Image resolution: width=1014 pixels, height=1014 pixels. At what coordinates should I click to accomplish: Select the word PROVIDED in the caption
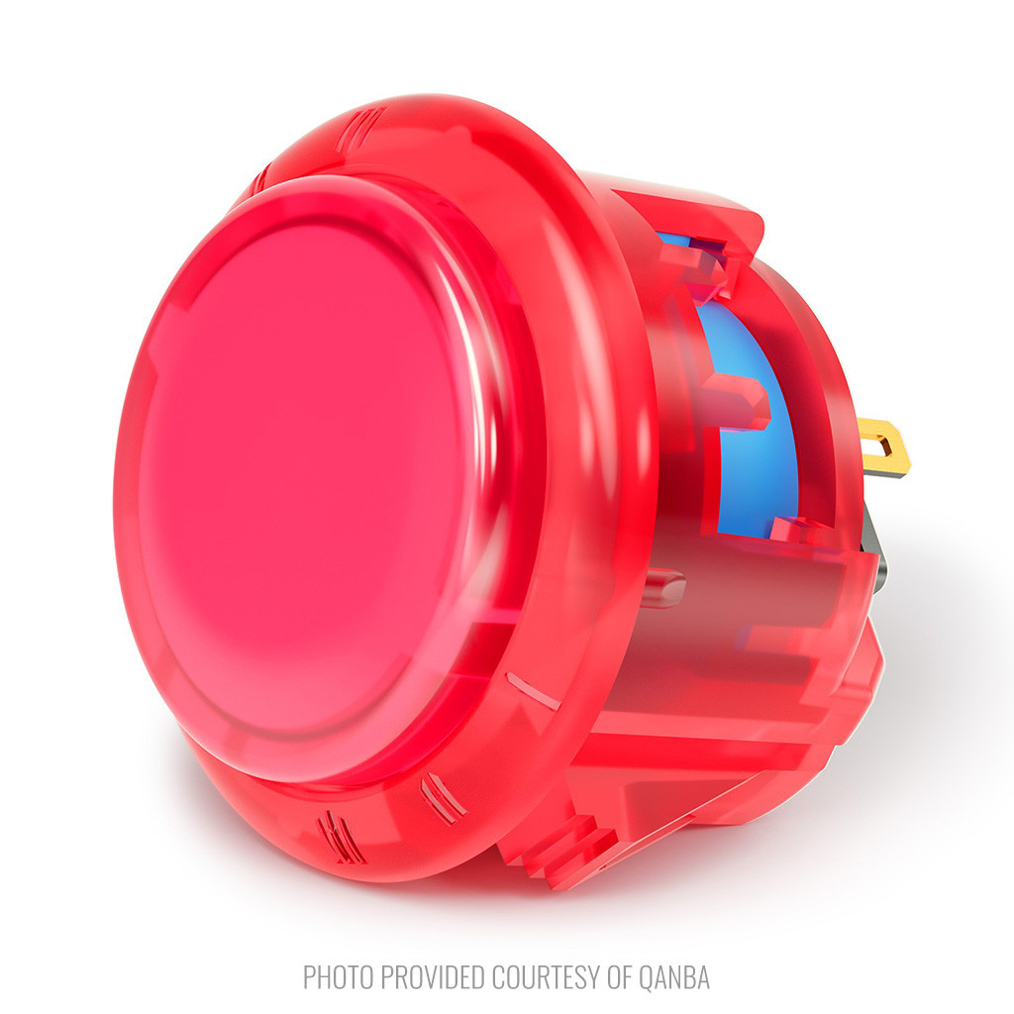coord(433,977)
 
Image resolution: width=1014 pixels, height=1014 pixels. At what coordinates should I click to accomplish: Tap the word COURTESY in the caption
coord(547,977)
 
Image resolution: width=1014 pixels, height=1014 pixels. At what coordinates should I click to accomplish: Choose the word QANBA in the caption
coord(674,977)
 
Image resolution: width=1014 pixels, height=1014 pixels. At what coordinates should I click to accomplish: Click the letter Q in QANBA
coord(647,977)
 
